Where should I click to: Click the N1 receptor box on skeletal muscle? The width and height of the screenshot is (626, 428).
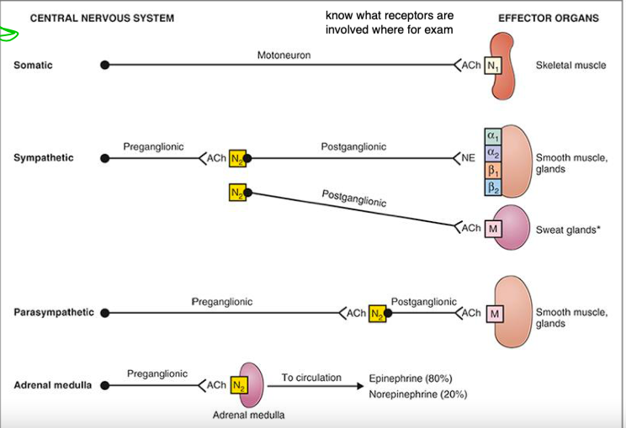[x=490, y=66]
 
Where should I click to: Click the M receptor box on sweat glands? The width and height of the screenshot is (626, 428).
[x=494, y=229]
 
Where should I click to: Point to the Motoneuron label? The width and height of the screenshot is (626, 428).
[x=284, y=55]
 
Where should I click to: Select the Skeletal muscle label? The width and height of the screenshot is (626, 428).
[x=570, y=66]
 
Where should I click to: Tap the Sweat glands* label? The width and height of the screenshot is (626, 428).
[x=567, y=230]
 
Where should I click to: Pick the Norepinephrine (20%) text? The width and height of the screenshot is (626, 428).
[x=417, y=394]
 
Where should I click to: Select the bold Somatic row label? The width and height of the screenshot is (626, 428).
[x=33, y=65]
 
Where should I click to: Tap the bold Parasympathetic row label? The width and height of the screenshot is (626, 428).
[x=53, y=313]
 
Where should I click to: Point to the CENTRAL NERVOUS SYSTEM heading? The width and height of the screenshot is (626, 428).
[x=102, y=18]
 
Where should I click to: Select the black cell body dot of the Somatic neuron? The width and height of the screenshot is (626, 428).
[x=104, y=65]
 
